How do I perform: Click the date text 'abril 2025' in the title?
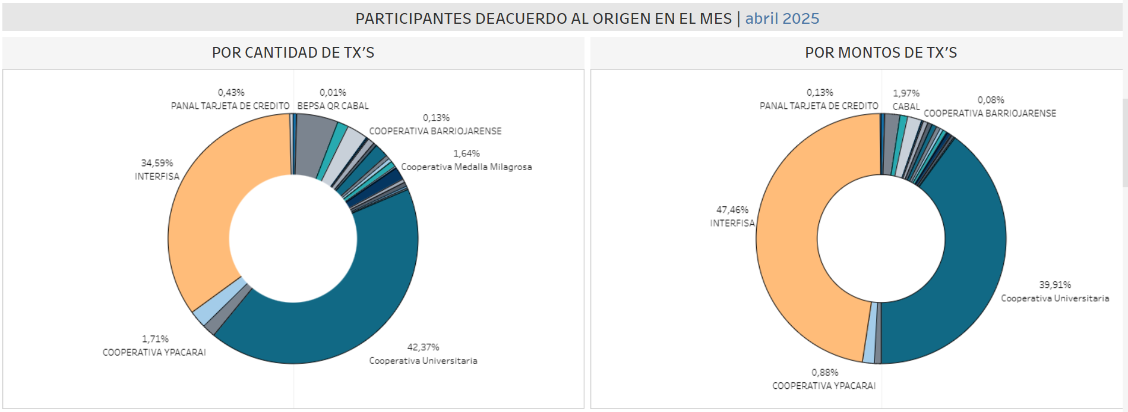pos(782,18)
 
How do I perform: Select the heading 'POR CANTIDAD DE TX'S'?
pos(293,53)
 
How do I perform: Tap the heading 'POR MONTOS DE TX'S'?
pos(880,53)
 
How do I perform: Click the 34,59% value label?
pos(157,163)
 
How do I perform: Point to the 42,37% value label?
pos(423,347)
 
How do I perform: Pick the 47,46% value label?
pos(732,210)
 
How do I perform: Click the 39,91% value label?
pos(1054,285)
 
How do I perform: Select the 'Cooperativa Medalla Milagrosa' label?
pos(466,167)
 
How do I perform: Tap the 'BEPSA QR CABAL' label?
pos(333,106)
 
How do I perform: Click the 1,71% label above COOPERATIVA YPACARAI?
pos(155,339)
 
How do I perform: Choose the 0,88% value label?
pos(824,373)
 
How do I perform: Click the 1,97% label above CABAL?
pos(906,93)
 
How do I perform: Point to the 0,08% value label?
pos(990,100)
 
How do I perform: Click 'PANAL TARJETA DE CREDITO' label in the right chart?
pos(819,106)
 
